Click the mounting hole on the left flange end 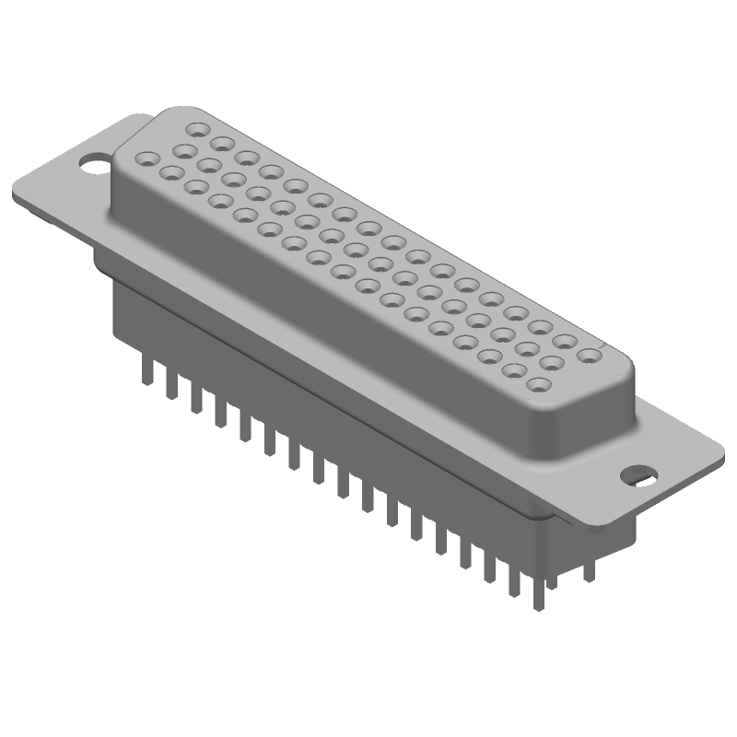93,166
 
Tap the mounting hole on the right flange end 638,475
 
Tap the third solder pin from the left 195,398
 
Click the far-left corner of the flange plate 13,197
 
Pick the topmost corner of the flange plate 138,116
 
